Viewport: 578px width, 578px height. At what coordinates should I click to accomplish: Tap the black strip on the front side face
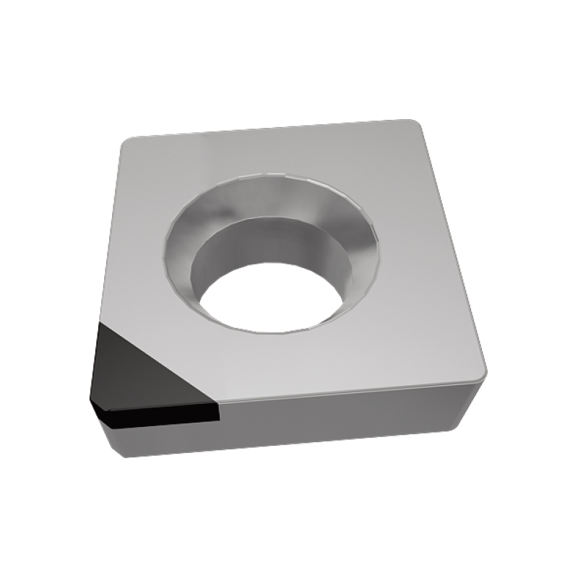click(x=159, y=414)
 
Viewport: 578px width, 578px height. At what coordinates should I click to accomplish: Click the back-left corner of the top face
click(x=124, y=141)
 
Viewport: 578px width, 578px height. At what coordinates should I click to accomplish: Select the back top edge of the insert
click(x=267, y=128)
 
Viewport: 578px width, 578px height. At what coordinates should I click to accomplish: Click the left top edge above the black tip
click(x=108, y=231)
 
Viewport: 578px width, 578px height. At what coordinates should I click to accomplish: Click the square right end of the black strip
click(x=215, y=411)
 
